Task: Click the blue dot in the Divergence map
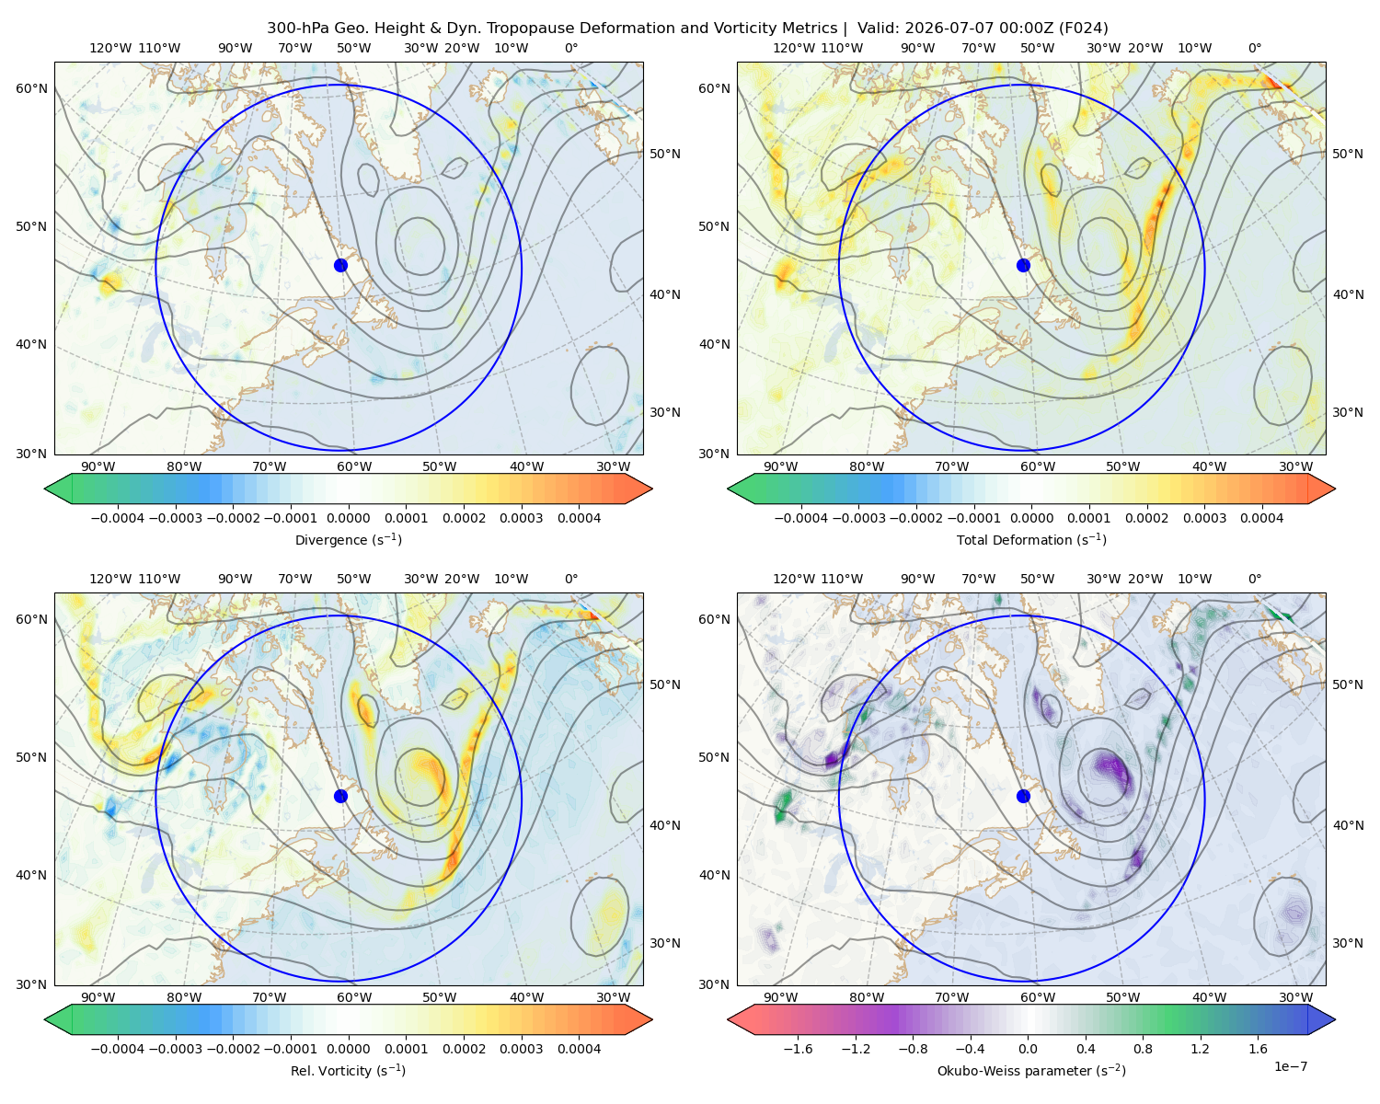pyautogui.click(x=340, y=266)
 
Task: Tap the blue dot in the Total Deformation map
pyautogui.click(x=1023, y=266)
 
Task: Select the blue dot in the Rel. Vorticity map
pyautogui.click(x=340, y=796)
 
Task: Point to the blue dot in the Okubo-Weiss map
pyautogui.click(x=1023, y=796)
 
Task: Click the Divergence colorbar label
pyautogui.click(x=348, y=540)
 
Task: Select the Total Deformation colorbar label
pyautogui.click(x=1031, y=540)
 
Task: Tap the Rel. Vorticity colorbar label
pyautogui.click(x=348, y=1071)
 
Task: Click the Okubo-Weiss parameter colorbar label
pyautogui.click(x=1031, y=1071)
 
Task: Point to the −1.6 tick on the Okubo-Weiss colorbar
pyautogui.click(x=798, y=1049)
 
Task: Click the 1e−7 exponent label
pyautogui.click(x=1290, y=1067)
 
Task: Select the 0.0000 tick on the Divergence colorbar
pyautogui.click(x=348, y=518)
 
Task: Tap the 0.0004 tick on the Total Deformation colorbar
pyautogui.click(x=1261, y=518)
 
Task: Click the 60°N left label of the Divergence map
pyautogui.click(x=31, y=88)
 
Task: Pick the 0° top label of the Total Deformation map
pyautogui.click(x=1254, y=48)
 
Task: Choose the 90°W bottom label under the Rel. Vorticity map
pyautogui.click(x=98, y=997)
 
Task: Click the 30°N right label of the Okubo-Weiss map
pyautogui.click(x=1347, y=943)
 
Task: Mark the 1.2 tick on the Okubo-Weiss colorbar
pyautogui.click(x=1200, y=1049)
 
